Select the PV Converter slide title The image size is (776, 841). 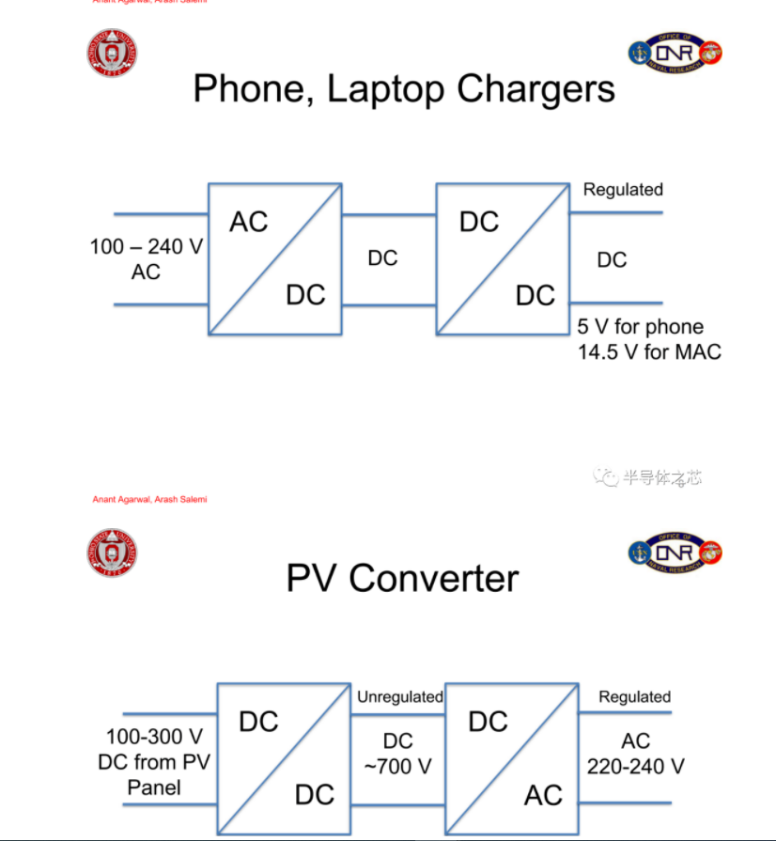[401, 578]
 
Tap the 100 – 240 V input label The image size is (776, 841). [147, 247]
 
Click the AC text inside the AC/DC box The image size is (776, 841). [248, 222]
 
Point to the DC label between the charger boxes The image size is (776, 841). [382, 257]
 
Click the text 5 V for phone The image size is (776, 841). [640, 327]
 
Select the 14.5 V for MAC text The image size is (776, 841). [649, 352]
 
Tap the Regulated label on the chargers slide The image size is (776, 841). [623, 190]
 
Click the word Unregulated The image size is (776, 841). [399, 697]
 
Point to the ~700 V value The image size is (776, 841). [397, 766]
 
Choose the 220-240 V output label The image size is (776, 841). [636, 766]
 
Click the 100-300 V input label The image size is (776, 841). [154, 736]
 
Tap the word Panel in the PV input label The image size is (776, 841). [154, 786]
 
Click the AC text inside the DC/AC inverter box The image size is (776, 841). [543, 795]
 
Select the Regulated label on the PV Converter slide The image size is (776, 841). [635, 697]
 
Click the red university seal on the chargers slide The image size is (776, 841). [111, 54]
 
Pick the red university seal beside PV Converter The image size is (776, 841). [111, 552]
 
